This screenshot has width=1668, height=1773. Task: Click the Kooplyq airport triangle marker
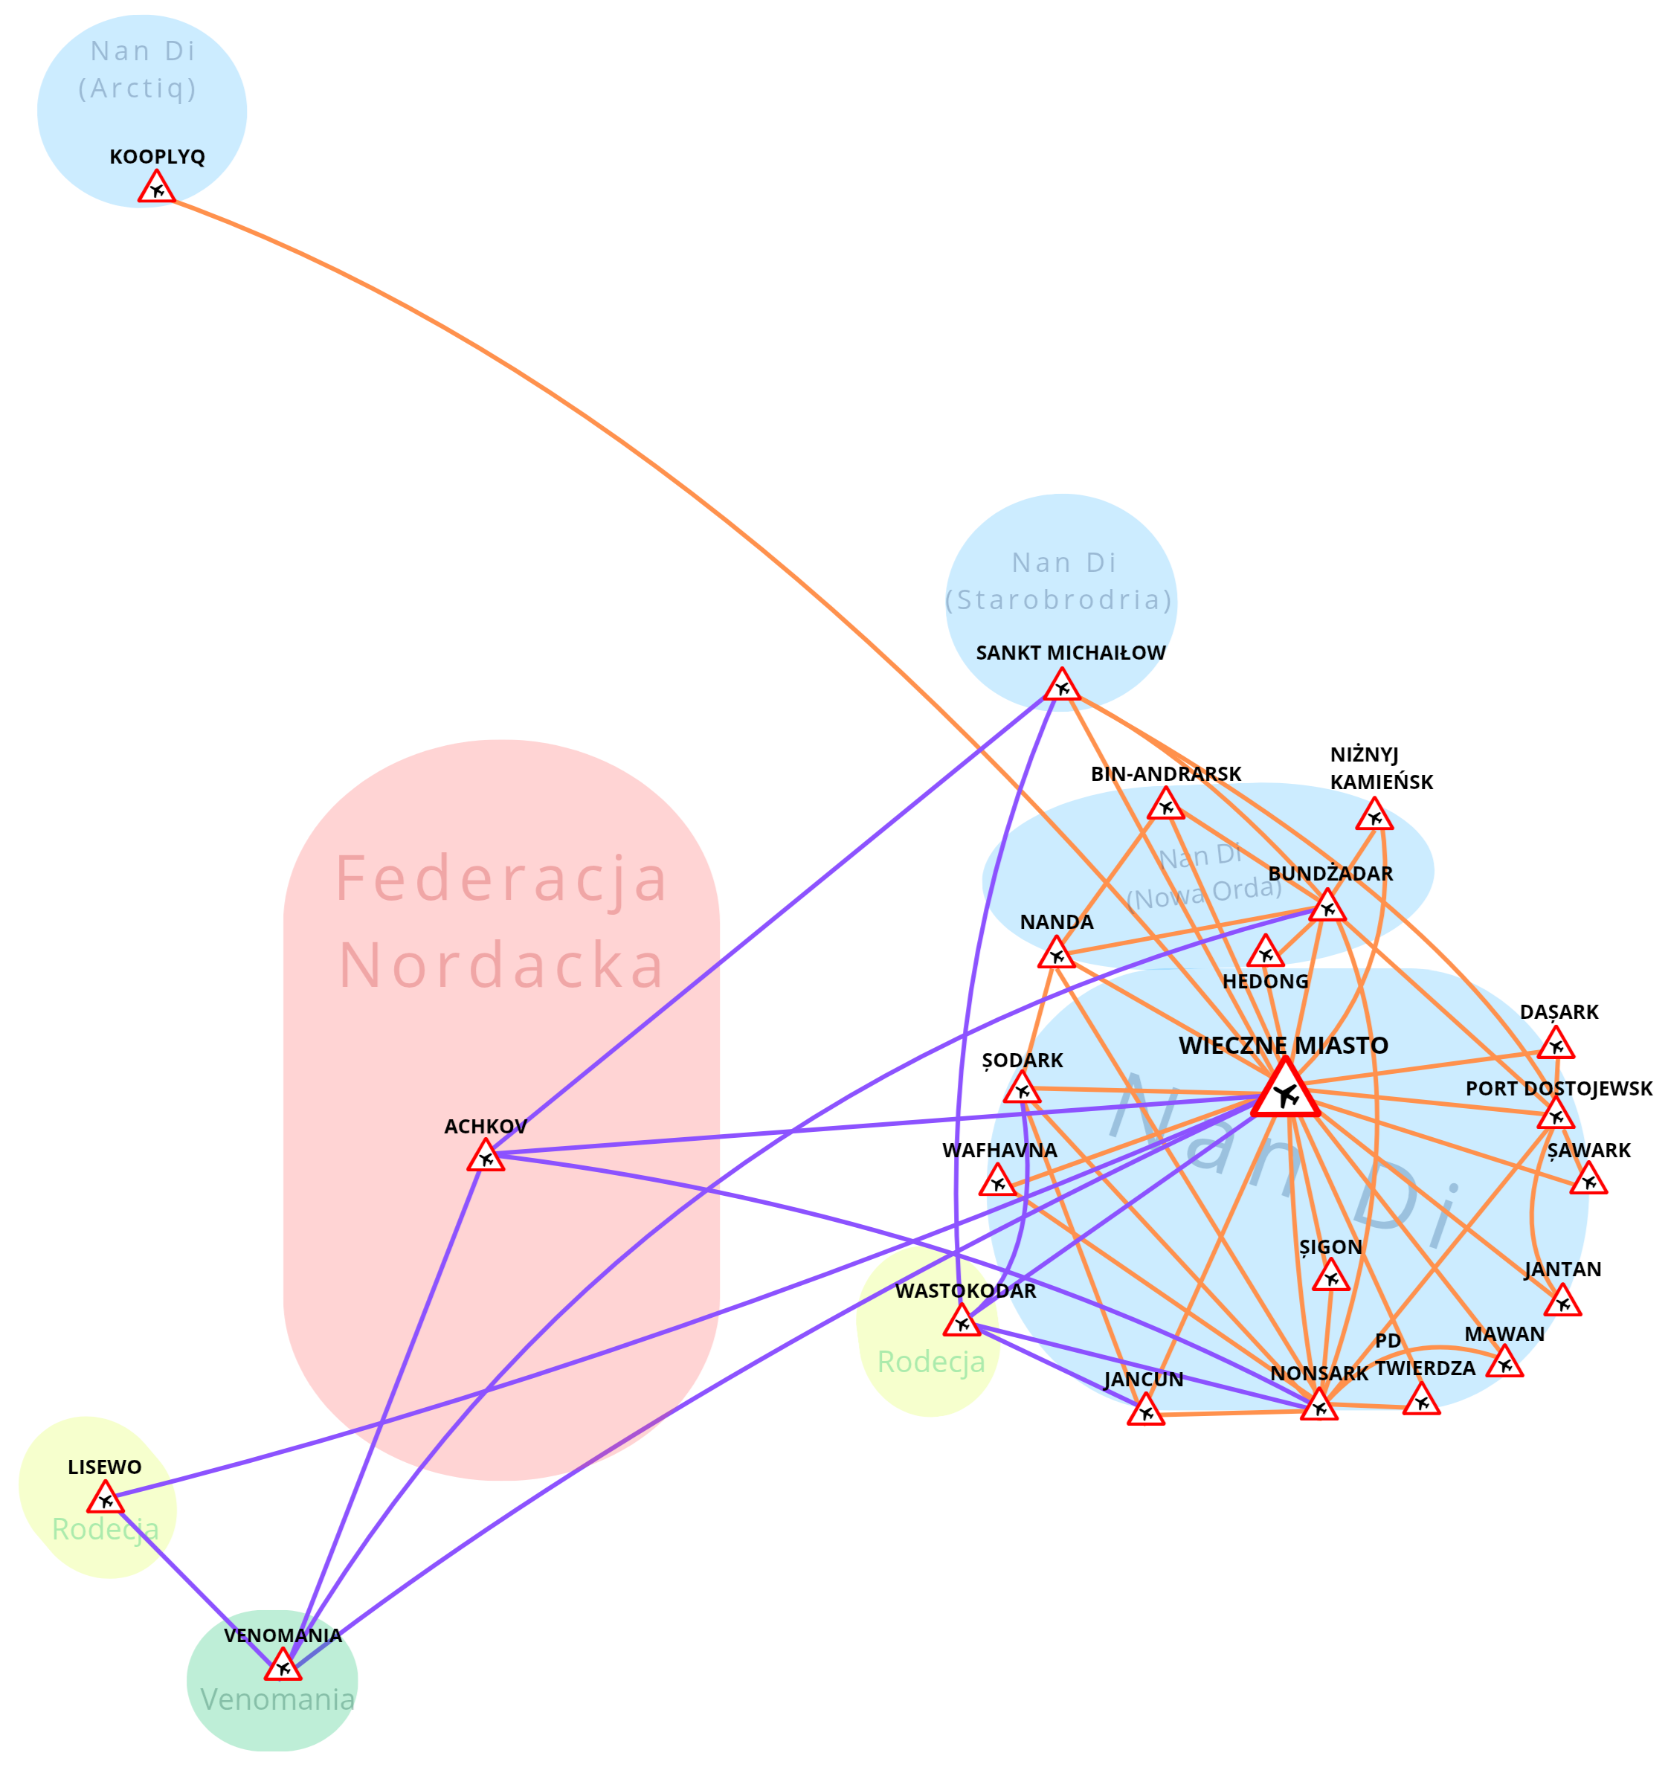click(157, 188)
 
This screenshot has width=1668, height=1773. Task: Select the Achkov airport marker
click(486, 1156)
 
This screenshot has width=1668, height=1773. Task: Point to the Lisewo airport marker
click(106, 1499)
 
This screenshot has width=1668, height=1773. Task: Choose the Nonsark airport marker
click(1318, 1406)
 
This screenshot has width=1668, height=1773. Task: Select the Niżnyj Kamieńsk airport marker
click(1374, 816)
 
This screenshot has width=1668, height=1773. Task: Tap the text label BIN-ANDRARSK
click(1166, 774)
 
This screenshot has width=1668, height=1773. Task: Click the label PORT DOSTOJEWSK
click(1558, 1089)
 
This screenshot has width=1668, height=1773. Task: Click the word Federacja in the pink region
click(501, 879)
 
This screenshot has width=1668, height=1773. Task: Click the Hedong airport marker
click(1265, 953)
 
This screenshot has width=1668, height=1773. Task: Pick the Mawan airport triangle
click(1504, 1362)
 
